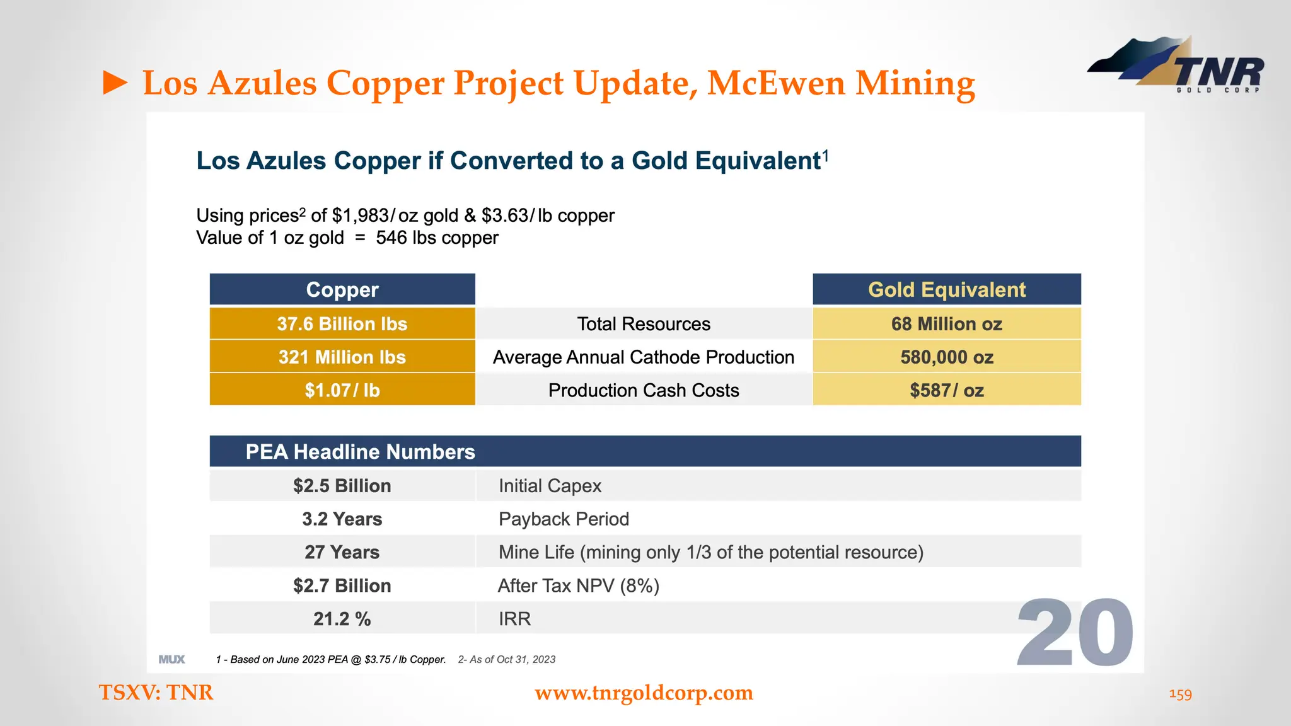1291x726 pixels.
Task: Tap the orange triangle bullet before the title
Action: (115, 83)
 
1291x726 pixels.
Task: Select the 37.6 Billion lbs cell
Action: (342, 324)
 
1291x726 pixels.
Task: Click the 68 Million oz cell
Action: (946, 324)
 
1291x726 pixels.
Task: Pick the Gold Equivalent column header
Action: (946, 290)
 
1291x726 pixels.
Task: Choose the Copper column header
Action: (342, 290)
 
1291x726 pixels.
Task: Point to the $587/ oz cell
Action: (946, 390)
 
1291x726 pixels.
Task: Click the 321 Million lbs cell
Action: (342, 357)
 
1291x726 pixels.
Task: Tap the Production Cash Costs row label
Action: (643, 390)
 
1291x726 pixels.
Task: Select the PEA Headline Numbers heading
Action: (360, 452)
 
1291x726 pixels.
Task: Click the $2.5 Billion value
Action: (342, 486)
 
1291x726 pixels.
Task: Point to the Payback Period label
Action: (564, 519)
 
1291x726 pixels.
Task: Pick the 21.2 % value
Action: (342, 619)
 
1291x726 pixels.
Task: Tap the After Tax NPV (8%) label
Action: (578, 585)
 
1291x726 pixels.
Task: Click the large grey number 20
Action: (1075, 633)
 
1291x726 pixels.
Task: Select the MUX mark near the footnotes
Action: (171, 659)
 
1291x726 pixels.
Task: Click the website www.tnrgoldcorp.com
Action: (644, 693)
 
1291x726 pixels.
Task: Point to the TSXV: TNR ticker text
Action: (156, 693)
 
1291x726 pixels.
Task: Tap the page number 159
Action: (1180, 694)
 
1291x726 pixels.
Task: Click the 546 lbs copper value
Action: (437, 238)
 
